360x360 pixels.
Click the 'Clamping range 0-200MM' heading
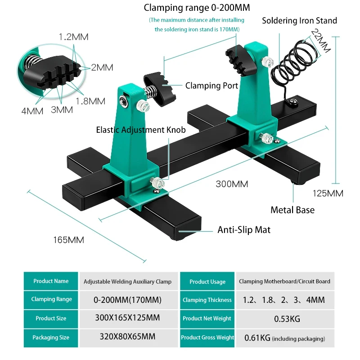pos(197,8)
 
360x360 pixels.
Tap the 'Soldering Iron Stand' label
pos(299,20)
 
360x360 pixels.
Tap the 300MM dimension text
pos(232,184)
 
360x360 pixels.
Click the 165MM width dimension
pos(69,240)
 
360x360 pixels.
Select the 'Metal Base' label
pos(292,210)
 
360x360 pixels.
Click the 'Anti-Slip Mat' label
pos(244,230)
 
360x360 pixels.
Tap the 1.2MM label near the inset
pos(74,37)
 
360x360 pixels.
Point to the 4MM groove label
pos(32,110)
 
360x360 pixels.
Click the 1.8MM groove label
pos(90,101)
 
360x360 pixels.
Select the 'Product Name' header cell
pos(51,281)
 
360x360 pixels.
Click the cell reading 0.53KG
pos(287,319)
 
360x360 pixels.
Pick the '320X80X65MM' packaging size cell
pos(127,337)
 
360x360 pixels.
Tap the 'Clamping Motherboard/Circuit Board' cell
pos(284,281)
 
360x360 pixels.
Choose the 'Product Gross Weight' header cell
pos(207,337)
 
